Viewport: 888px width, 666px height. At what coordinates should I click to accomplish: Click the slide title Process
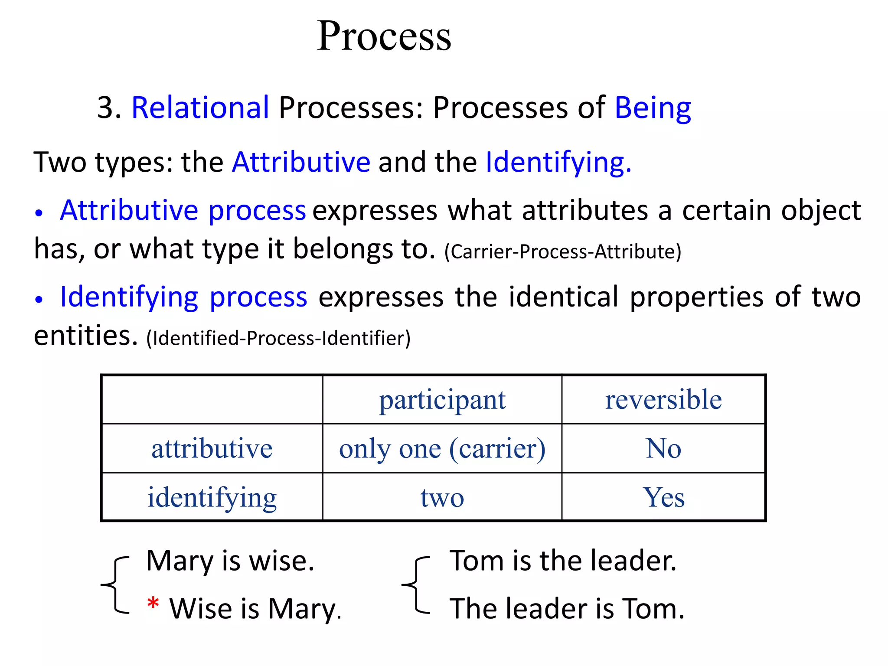point(384,36)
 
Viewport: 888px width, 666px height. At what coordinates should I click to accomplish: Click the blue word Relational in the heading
point(200,108)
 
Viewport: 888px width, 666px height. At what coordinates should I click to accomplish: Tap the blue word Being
point(653,108)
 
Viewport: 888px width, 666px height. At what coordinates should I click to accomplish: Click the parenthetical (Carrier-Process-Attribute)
point(563,252)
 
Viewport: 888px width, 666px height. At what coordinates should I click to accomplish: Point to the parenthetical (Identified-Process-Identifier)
point(278,338)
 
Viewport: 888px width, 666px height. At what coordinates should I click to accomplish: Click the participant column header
point(442,400)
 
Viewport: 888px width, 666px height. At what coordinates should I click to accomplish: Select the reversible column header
point(663,400)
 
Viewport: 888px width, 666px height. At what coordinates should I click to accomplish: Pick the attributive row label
point(212,448)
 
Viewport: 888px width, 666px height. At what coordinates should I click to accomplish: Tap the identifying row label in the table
point(212,498)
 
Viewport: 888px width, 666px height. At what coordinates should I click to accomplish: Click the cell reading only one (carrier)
point(442,449)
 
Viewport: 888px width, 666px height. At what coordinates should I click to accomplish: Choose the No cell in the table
point(663,448)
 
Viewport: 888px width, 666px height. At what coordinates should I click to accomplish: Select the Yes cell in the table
point(663,497)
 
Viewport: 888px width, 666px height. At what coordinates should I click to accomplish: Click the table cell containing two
point(442,498)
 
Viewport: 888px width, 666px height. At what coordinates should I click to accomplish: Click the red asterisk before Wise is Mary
point(153,604)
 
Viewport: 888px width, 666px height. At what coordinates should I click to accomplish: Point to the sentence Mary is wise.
point(230,561)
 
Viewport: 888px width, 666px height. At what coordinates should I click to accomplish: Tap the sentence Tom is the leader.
point(563,561)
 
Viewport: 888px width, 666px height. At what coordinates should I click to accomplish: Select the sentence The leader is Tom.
point(567,609)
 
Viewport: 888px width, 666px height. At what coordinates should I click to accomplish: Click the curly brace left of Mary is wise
point(115,585)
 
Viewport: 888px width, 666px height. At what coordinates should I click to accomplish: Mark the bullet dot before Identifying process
point(39,300)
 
